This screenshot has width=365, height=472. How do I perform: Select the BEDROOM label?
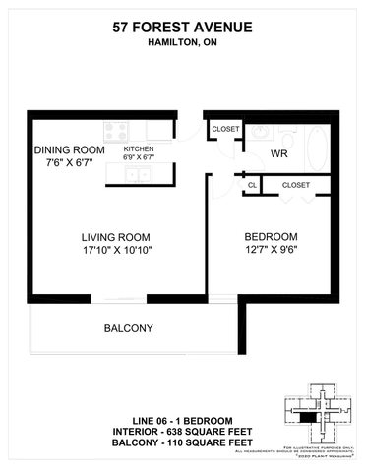271,236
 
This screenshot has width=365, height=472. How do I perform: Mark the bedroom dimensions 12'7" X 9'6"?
271,251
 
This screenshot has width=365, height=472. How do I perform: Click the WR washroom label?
279,154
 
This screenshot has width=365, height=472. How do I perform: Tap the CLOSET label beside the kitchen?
226,128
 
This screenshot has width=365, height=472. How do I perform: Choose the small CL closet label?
252,185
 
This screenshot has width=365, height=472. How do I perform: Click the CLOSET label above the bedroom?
295,185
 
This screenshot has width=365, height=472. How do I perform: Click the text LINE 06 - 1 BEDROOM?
182,420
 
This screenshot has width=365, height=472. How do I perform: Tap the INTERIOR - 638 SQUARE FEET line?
182,435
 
